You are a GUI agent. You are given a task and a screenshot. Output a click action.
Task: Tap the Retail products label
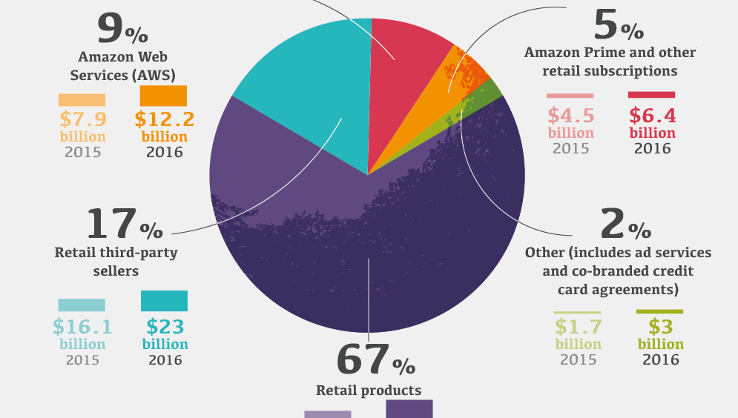pos(369,391)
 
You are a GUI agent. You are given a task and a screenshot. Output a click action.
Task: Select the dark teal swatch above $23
pos(164,301)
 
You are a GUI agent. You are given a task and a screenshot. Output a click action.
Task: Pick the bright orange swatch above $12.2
pos(163,95)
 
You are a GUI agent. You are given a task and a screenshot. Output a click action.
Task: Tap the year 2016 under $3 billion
pos(660,360)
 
